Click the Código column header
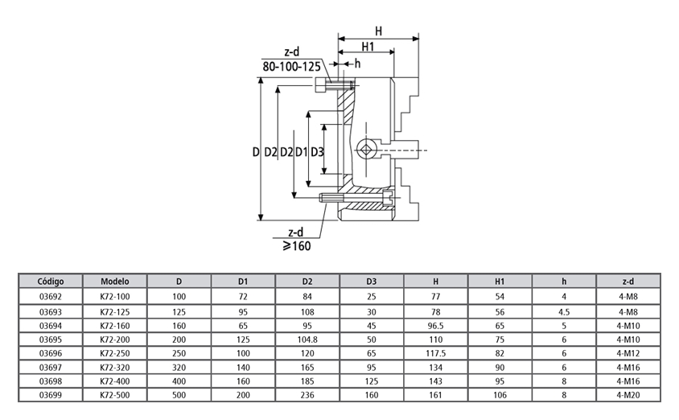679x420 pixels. (51, 282)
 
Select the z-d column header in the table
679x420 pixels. (628, 282)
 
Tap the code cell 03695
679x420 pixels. (51, 340)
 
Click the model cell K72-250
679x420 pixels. (115, 353)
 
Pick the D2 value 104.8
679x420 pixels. (307, 340)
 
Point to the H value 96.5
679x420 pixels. (435, 326)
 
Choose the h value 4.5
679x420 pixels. (564, 311)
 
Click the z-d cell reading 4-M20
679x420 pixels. (628, 395)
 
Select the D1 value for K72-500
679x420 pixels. (243, 395)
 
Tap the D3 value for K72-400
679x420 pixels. (372, 381)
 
